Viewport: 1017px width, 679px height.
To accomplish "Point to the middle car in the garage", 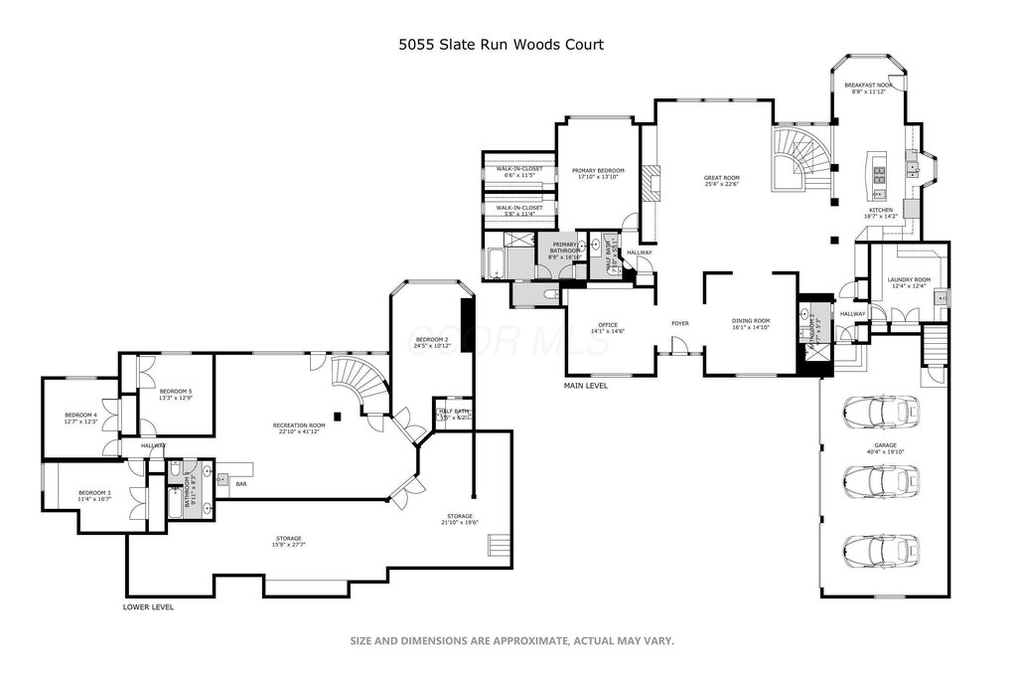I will tap(879, 478).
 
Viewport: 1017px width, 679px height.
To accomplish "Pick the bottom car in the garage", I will tap(879, 549).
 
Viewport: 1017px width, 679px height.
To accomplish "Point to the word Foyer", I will tap(680, 323).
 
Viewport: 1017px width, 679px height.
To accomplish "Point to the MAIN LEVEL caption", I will tap(585, 386).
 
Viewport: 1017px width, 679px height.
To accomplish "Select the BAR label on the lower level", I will tap(240, 484).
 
